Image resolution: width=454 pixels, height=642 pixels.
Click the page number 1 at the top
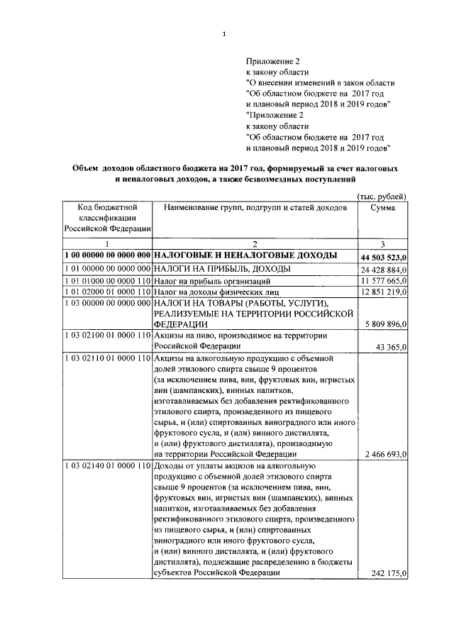223,33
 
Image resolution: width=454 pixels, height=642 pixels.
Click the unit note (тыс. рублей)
381,196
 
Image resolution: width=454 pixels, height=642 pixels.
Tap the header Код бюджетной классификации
106,217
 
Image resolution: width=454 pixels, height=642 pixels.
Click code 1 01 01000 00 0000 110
106,282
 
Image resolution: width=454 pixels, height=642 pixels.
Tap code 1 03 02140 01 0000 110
106,465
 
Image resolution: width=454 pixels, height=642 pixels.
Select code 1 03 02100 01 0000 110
106,335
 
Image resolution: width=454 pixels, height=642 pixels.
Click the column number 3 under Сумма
382,244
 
